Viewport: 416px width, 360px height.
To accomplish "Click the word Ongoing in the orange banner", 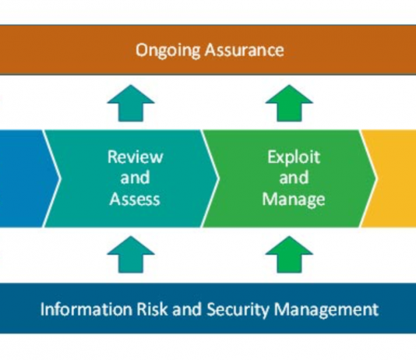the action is (x=168, y=51).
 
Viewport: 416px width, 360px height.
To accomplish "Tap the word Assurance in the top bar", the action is (x=245, y=50).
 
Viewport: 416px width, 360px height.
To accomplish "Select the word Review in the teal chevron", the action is (x=135, y=157).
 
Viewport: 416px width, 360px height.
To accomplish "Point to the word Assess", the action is (x=135, y=199).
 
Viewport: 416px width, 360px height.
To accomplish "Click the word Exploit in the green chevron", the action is (x=294, y=157).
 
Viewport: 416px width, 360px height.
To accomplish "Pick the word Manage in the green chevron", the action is (x=294, y=199).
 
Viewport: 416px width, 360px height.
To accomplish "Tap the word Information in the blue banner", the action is (x=86, y=309).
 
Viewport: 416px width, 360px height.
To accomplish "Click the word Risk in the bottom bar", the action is (x=152, y=309).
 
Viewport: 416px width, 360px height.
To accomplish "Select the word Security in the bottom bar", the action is (x=238, y=310).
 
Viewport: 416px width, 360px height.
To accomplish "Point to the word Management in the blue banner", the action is (x=326, y=310).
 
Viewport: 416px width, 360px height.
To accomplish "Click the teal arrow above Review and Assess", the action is (x=131, y=103).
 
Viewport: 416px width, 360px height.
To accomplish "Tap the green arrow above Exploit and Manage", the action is (x=289, y=103).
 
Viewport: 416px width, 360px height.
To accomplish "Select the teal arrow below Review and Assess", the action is (x=131, y=254).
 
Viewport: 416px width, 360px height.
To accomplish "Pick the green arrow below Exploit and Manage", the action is (x=289, y=254).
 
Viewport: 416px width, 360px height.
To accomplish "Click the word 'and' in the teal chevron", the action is (x=135, y=178).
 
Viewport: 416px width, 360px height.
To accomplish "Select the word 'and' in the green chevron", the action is (x=294, y=178).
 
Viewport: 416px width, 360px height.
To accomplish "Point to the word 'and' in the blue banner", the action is (x=187, y=309).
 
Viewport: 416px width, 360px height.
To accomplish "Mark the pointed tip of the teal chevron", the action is (x=219, y=178).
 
